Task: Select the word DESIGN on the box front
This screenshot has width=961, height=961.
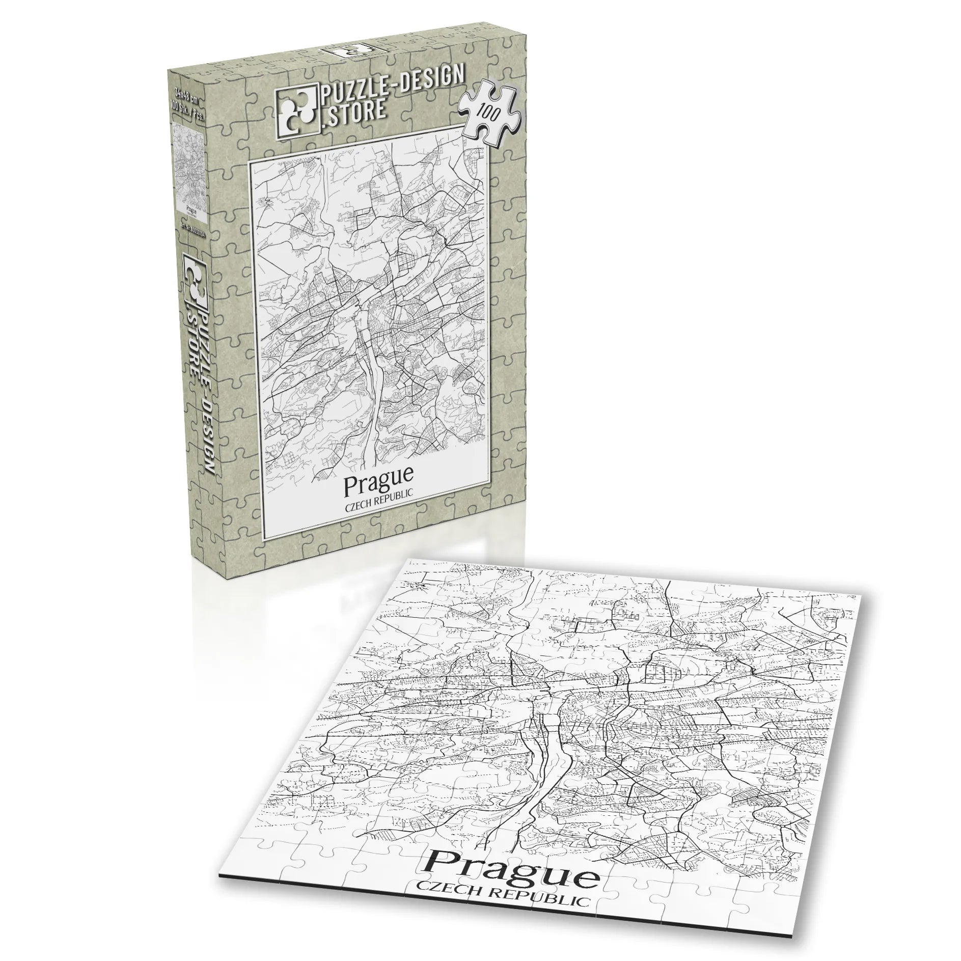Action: click(433, 79)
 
